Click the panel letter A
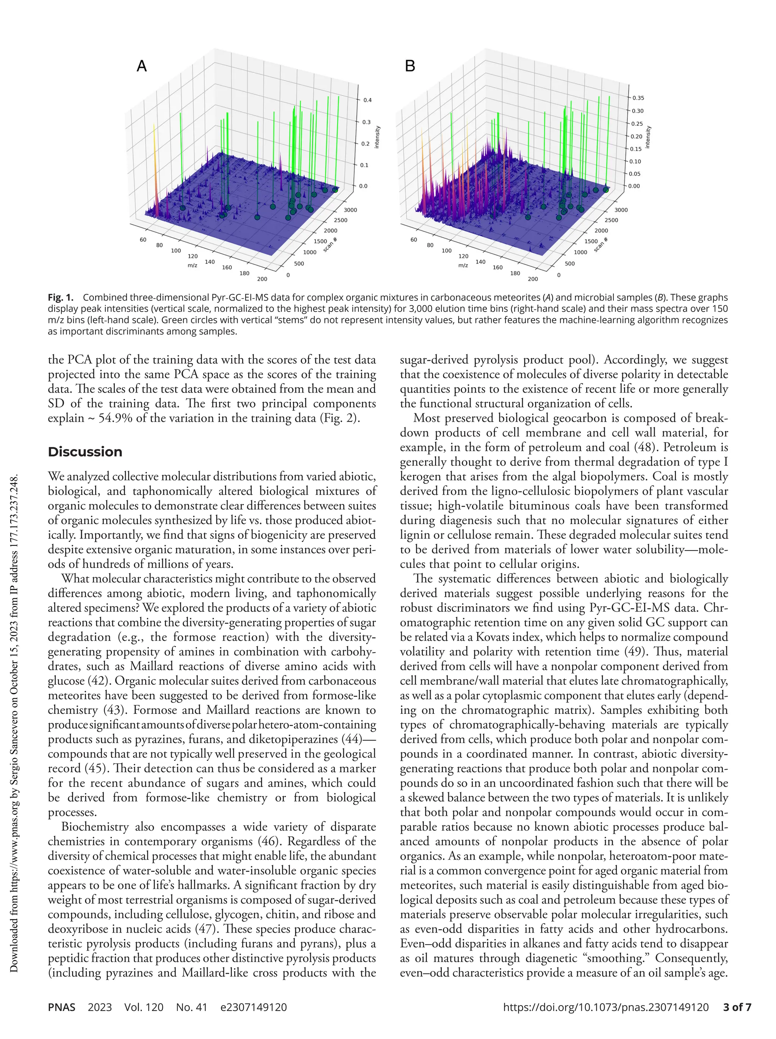pos(141,66)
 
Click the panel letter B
pos(410,66)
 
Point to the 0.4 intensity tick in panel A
pos(367,100)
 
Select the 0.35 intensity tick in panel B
pos(638,98)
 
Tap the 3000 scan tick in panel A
pos(350,210)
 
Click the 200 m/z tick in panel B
pos(533,279)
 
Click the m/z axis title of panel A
pos(192,265)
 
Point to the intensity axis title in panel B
pos(648,137)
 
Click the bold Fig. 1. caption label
pos(61,298)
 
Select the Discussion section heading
pos(85,452)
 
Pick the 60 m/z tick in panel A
pos(143,239)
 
